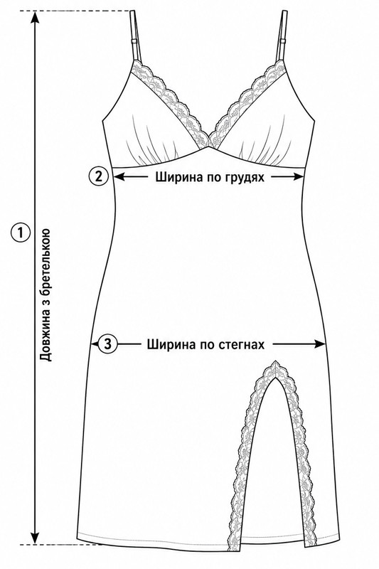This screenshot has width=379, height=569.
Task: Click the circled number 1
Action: pyautogui.click(x=21, y=233)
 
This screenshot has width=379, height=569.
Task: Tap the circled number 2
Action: pyautogui.click(x=98, y=176)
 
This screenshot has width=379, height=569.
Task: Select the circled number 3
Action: pyautogui.click(x=107, y=344)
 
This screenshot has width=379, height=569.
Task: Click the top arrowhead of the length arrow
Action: pyautogui.click(x=35, y=16)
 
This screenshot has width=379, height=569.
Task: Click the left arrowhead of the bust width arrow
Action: pyautogui.click(x=119, y=176)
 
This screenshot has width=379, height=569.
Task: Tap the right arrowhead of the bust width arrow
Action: pyautogui.click(x=298, y=176)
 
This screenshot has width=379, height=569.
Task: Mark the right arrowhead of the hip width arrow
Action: pyautogui.click(x=319, y=344)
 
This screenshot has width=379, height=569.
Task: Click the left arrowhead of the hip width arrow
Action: pyautogui.click(x=95, y=344)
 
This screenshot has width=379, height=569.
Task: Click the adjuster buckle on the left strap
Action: pyautogui.click(x=134, y=41)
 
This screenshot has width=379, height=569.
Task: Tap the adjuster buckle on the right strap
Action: pyautogui.click(x=282, y=42)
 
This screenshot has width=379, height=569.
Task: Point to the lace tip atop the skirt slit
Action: pyautogui.click(x=276, y=362)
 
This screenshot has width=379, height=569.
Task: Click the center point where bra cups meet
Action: pyautogui.click(x=208, y=147)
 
